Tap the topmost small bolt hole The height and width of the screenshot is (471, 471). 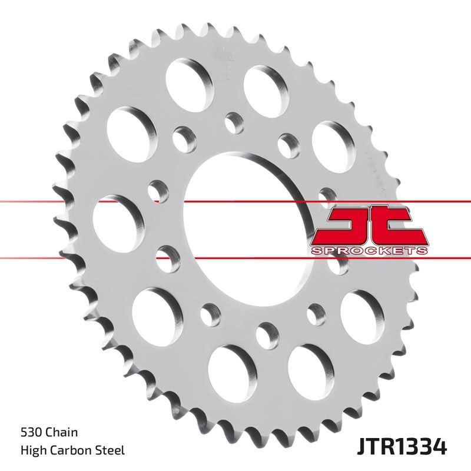pyautogui.click(x=232, y=121)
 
